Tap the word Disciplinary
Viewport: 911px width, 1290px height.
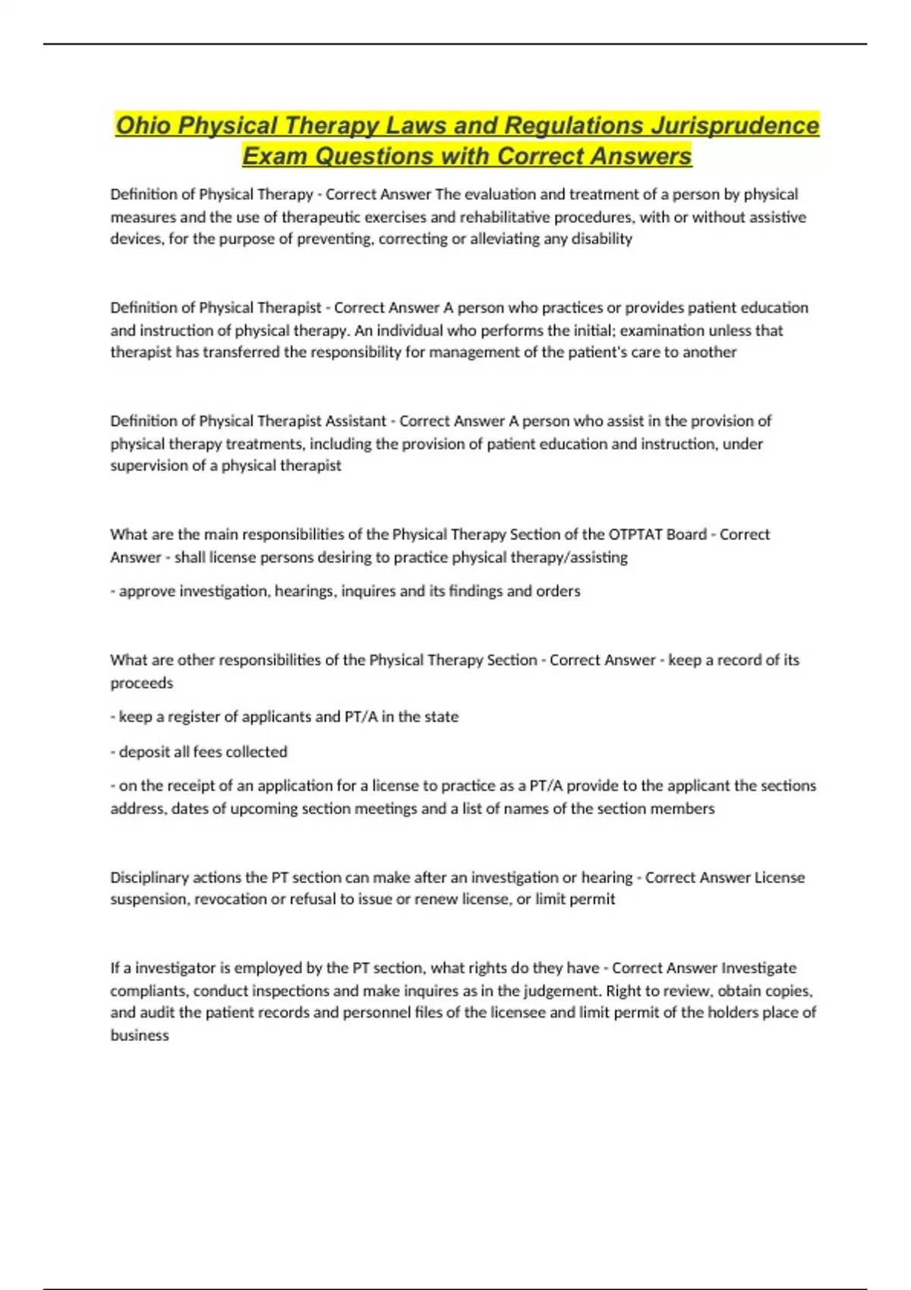pos(150,877)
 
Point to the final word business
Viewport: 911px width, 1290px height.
pos(140,1035)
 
